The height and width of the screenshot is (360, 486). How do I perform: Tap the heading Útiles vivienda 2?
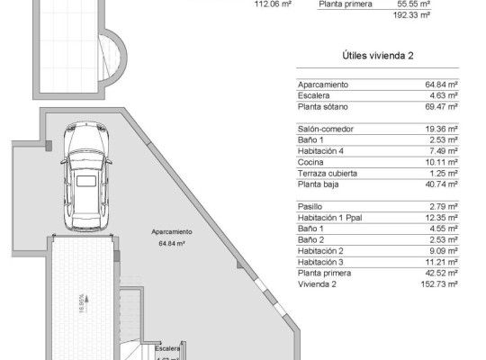378,56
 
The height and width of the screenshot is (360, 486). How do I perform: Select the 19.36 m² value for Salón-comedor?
442,129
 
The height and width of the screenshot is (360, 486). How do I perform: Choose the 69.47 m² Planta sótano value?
442,106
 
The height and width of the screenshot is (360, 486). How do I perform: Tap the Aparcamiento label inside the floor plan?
170,231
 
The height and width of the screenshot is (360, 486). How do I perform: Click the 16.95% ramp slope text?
84,301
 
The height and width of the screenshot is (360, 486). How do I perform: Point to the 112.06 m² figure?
274,4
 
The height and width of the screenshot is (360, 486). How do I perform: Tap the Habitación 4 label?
322,150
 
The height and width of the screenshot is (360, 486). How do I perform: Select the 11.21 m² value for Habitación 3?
442,261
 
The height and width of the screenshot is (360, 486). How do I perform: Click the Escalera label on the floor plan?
166,347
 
